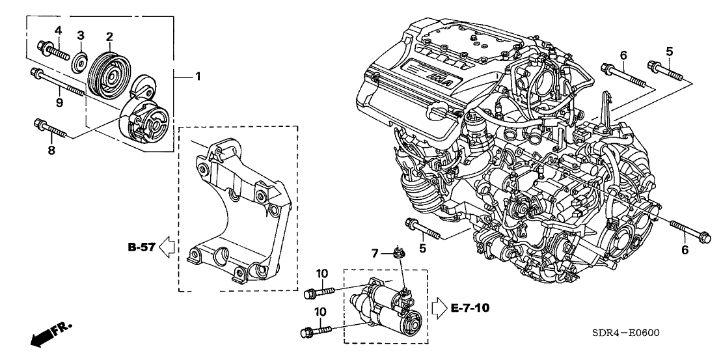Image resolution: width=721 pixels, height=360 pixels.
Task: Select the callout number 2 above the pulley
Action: [x=110, y=36]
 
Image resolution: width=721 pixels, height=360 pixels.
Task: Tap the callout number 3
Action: [x=81, y=35]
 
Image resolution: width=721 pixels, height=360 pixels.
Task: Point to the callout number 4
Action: [x=58, y=30]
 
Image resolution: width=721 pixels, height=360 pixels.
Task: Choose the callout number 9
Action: [x=58, y=102]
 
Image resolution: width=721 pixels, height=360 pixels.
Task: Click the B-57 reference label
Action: [x=141, y=247]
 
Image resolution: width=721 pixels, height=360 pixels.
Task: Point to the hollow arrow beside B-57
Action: [x=167, y=247]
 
